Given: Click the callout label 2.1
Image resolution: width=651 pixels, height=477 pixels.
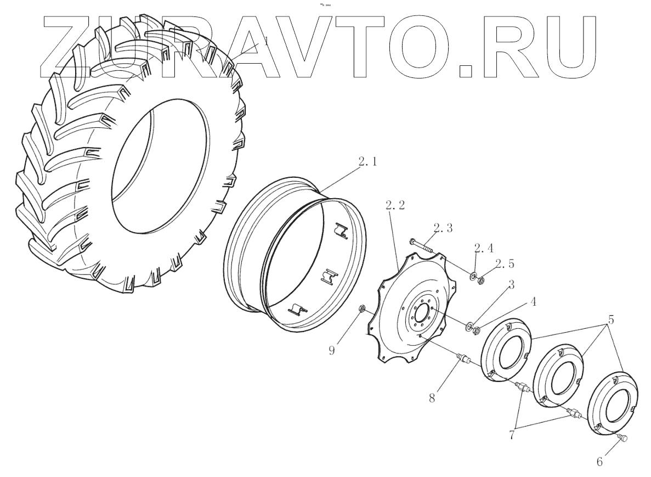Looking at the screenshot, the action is (x=367, y=163).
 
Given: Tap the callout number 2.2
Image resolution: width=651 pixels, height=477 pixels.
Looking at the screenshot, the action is (x=395, y=206).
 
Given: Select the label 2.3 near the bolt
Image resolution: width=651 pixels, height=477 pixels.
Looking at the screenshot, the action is (x=443, y=228).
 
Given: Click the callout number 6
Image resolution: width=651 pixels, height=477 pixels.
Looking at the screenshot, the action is (x=599, y=462).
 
